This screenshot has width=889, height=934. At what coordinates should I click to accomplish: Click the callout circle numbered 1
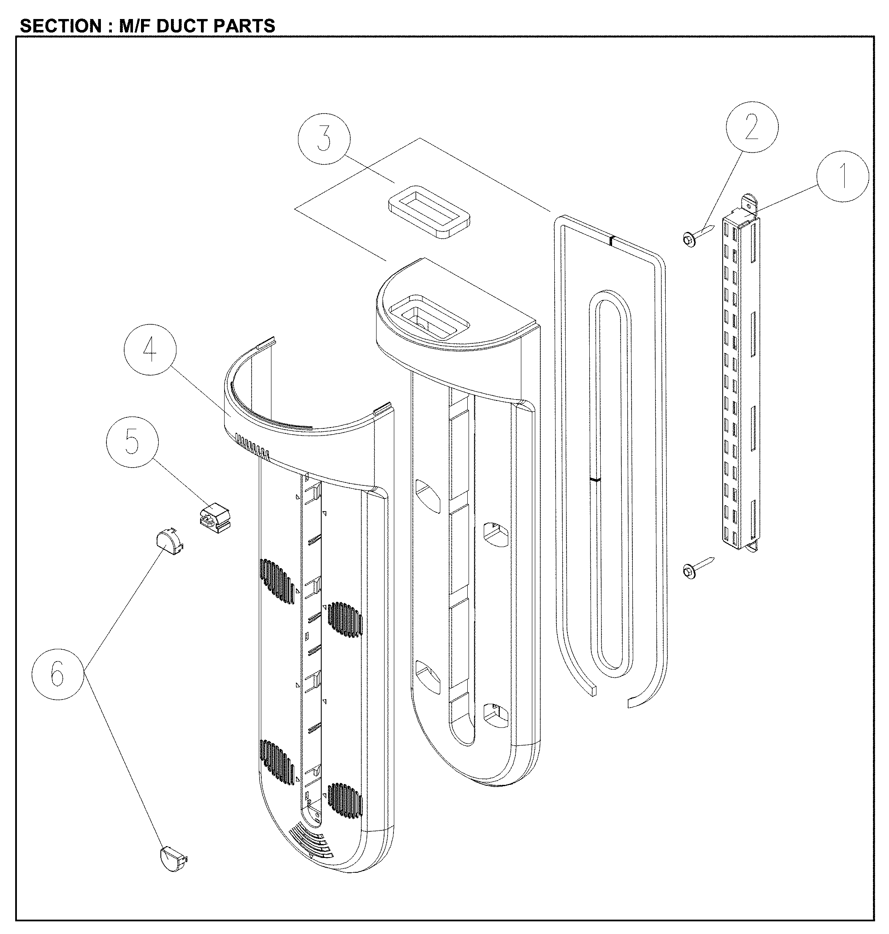click(x=843, y=177)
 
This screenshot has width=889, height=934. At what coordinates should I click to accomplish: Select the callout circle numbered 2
click(x=751, y=127)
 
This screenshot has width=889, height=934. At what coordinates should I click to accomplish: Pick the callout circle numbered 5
click(x=132, y=442)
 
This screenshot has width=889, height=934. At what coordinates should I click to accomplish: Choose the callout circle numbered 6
click(x=58, y=673)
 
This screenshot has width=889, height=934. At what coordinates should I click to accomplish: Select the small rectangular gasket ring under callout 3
click(x=428, y=212)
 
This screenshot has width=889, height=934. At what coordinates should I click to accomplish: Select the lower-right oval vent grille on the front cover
click(x=344, y=797)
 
